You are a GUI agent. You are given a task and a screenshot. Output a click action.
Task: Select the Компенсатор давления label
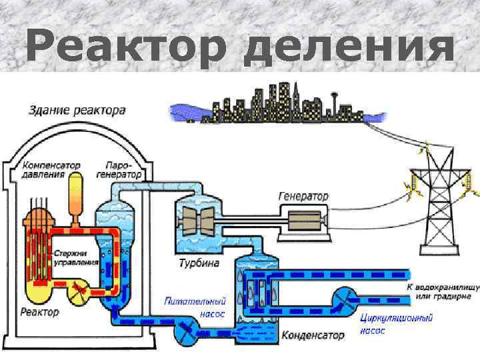(x=51, y=169)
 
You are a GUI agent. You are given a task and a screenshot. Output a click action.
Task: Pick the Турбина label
(x=199, y=263)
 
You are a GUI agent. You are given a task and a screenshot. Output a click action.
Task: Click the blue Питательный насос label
(x=195, y=307)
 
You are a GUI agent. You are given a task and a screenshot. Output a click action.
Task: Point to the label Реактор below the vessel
(x=39, y=311)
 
